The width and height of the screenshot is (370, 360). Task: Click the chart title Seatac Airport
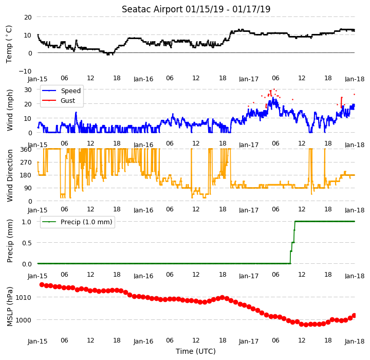pyautogui.click(x=152, y=9)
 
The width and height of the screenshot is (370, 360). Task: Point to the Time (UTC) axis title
pyautogui.click(x=196, y=351)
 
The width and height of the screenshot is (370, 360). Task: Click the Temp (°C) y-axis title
pyautogui.click(x=9, y=44)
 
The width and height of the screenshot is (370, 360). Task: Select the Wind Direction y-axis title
pyautogui.click(x=10, y=175)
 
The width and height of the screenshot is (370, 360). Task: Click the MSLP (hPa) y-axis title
pyautogui.click(x=10, y=307)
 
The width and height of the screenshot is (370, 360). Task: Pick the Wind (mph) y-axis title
pyautogui.click(x=10, y=111)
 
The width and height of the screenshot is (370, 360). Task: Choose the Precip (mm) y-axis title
pyautogui.click(x=10, y=241)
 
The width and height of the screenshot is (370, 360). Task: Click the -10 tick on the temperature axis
pyautogui.click(x=25, y=71)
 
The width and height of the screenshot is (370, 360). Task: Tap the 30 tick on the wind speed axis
pyautogui.click(x=28, y=90)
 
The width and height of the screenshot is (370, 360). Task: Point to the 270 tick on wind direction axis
pyautogui.click(x=26, y=163)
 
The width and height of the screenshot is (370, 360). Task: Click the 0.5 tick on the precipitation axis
pyautogui.click(x=27, y=243)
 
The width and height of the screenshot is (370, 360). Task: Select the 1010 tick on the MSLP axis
pyautogui.click(x=24, y=297)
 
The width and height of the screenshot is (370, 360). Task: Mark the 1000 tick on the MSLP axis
pyautogui.click(x=24, y=320)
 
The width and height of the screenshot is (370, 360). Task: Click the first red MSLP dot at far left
pyautogui.click(x=42, y=284)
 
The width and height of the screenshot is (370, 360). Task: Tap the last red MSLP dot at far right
pyautogui.click(x=354, y=316)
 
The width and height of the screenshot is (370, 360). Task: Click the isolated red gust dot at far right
pyautogui.click(x=354, y=95)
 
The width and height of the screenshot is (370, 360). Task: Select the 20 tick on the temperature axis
pyautogui.click(x=28, y=17)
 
